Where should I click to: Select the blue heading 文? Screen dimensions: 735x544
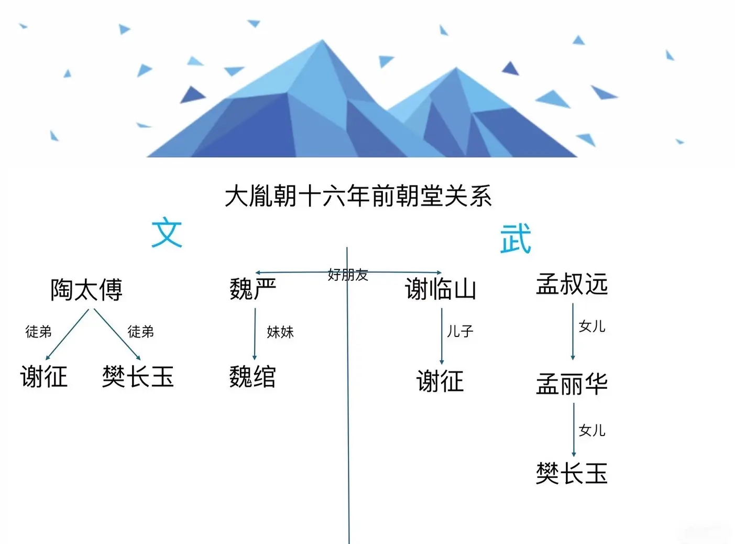[167, 233]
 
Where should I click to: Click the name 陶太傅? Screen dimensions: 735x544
[86, 290]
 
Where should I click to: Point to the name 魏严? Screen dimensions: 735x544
[253, 289]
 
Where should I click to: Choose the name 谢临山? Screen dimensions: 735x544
[441, 289]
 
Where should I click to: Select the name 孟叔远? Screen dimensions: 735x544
[572, 285]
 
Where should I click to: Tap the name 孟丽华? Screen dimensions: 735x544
[572, 384]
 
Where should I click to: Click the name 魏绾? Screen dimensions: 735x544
[253, 377]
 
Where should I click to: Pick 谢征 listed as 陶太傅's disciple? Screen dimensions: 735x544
[44, 377]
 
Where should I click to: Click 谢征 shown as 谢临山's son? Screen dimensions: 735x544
[440, 381]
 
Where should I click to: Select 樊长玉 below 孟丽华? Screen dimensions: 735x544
[572, 474]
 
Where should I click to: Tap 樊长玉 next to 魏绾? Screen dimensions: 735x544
[138, 377]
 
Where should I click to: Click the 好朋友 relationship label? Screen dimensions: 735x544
[348, 275]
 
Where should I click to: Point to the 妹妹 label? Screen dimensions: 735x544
[280, 332]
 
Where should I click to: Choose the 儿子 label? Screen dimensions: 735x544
[460, 331]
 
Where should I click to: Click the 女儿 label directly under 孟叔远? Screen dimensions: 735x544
[592, 326]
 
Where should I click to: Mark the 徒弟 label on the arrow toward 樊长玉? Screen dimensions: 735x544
[140, 332]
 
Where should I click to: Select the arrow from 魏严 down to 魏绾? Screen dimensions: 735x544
[255, 333]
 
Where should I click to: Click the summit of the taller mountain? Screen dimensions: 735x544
[323, 41]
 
